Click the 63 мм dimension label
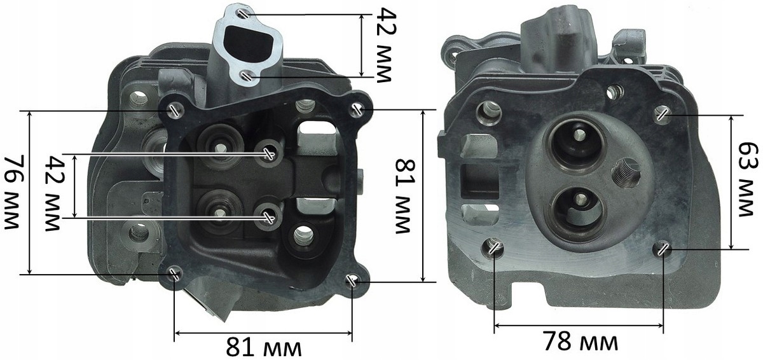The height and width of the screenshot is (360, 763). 749,179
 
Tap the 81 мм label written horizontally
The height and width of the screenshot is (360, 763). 264,347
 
